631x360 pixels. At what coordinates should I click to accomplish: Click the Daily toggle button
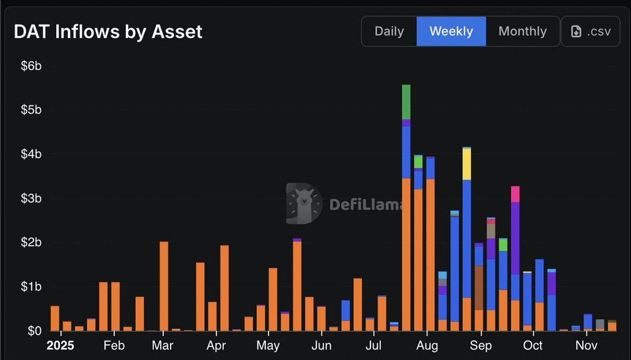[389, 31]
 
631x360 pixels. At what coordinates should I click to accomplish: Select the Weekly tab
[451, 31]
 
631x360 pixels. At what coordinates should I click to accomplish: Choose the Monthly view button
[522, 31]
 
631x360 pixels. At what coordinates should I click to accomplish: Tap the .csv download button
[591, 31]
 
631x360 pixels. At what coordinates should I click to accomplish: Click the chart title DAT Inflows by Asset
[108, 32]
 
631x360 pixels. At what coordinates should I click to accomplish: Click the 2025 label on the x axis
[60, 346]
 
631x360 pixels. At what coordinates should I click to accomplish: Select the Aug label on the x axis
[427, 346]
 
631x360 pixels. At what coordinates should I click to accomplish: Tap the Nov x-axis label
[586, 346]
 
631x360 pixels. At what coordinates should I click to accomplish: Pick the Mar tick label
[163, 346]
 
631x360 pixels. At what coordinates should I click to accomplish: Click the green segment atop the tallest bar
[406, 101]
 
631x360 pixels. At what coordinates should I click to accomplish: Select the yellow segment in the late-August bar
[467, 164]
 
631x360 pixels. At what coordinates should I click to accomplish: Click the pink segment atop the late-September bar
[515, 194]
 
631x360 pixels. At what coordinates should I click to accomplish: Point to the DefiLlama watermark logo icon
[304, 204]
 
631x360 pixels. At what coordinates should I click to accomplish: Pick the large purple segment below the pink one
[515, 238]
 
